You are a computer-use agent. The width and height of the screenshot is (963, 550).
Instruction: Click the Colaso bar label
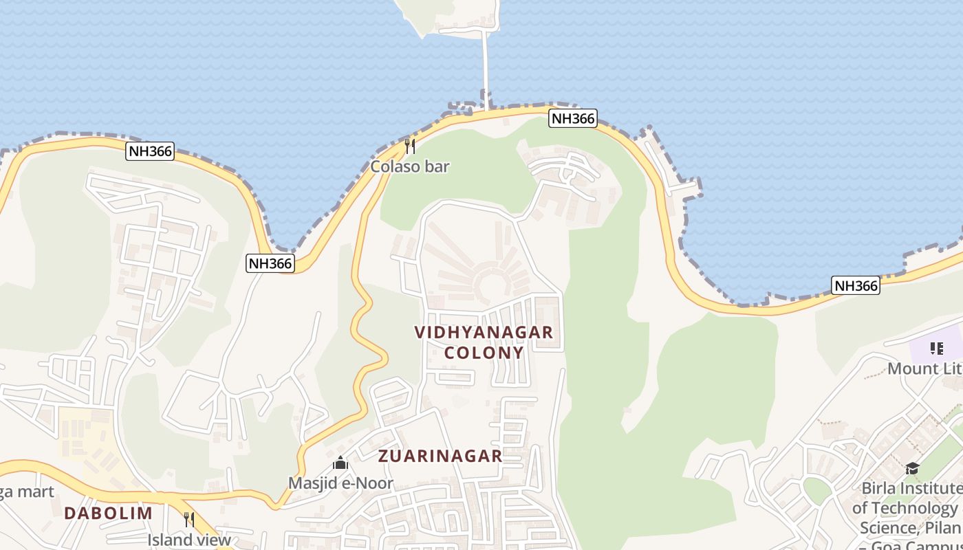(x=410, y=166)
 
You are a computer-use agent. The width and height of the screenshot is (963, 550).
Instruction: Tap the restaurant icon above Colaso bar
(x=410, y=146)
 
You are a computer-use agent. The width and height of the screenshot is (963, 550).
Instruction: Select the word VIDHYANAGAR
(x=484, y=332)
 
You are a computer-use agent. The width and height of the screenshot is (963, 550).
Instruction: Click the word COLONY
(x=484, y=353)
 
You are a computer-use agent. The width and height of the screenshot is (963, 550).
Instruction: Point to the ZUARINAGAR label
(x=440, y=456)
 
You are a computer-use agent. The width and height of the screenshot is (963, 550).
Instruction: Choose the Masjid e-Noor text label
(x=340, y=483)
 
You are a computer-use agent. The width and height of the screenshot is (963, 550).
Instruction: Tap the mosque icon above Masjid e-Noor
(x=340, y=463)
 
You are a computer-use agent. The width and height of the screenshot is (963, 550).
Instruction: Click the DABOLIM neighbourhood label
(x=108, y=513)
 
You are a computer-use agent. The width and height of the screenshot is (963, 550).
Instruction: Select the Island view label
(x=189, y=540)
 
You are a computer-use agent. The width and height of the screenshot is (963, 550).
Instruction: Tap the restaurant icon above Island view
(x=189, y=519)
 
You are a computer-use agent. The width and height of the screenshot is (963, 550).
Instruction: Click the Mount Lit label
(x=924, y=368)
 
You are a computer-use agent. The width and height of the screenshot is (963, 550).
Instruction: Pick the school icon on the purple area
(x=936, y=349)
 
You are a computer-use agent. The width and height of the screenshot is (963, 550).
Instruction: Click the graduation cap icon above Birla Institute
(x=912, y=469)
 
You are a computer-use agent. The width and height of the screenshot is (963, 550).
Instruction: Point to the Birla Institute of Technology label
(x=908, y=509)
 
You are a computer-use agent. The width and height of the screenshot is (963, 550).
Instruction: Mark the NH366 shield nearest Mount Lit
(x=856, y=285)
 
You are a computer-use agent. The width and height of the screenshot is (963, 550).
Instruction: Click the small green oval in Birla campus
(x=817, y=490)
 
